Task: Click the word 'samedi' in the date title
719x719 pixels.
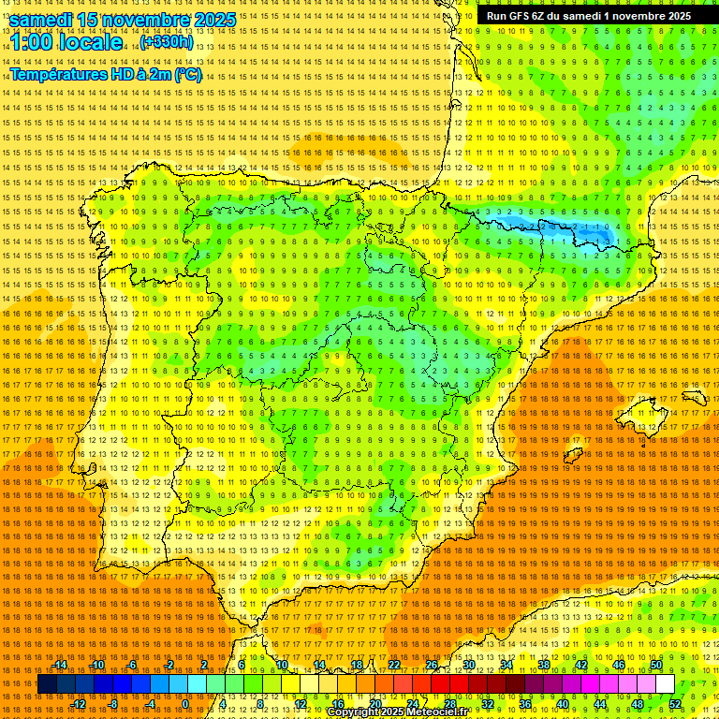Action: point(43,19)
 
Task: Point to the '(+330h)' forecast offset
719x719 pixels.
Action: point(167,42)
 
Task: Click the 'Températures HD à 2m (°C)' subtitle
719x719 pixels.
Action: point(106,75)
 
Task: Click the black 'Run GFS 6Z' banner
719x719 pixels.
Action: point(590,15)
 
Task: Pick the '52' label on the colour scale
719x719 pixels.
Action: point(675,704)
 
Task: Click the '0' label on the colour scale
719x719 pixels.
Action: point(185,704)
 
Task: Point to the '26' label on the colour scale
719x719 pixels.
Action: point(432,665)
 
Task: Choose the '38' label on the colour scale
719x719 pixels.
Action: point(544,665)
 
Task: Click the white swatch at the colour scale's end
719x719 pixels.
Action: point(666,684)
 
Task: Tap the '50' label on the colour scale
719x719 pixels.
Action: point(656,665)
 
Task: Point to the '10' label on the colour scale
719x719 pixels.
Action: point(281,665)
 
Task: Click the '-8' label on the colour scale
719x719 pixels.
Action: point(112,704)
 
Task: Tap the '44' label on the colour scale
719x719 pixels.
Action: point(600,704)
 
